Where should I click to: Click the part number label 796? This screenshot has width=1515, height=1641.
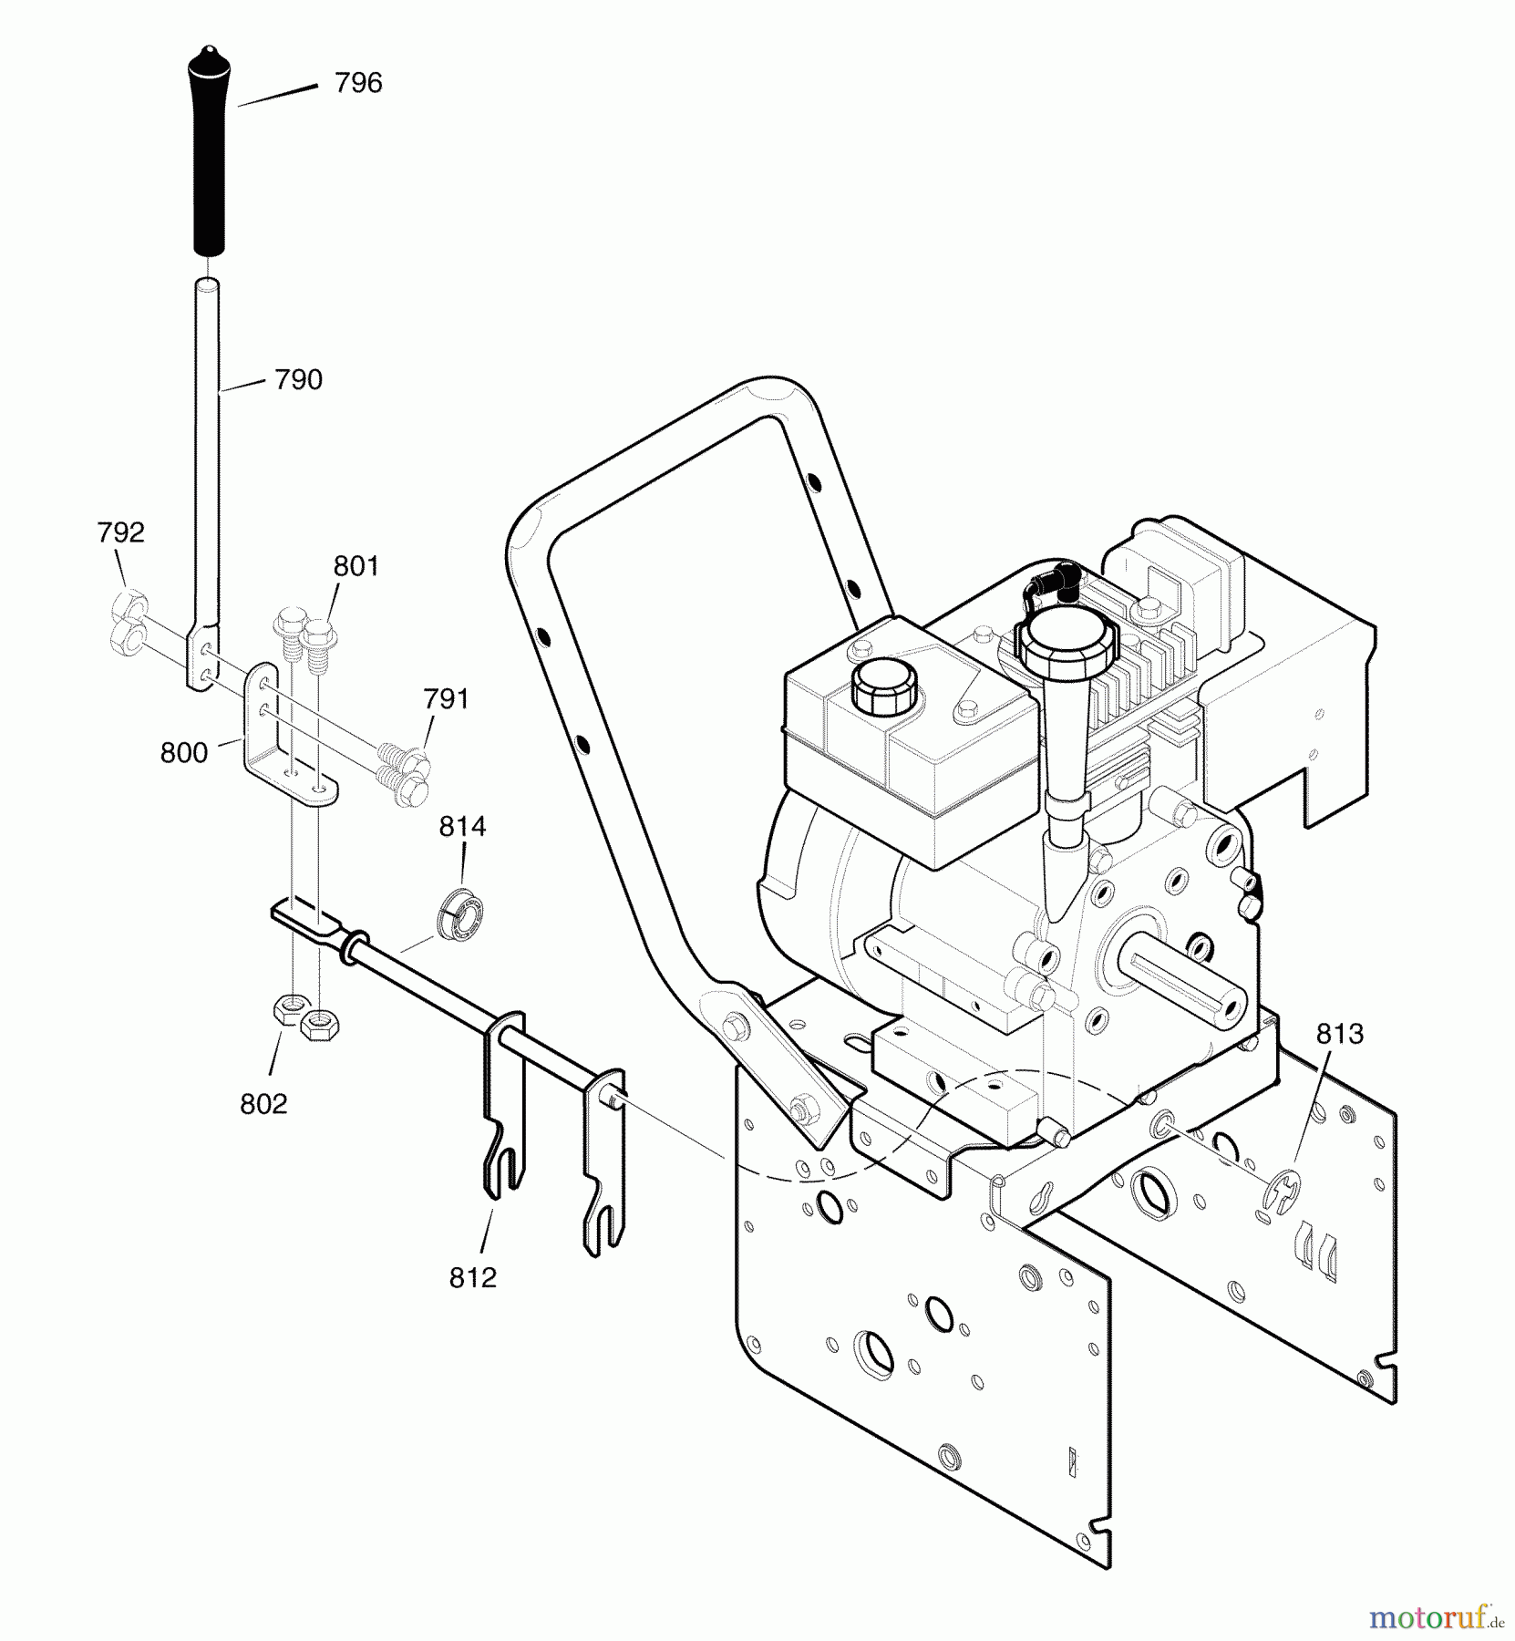point(358,83)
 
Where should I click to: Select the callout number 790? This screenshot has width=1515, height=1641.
point(298,380)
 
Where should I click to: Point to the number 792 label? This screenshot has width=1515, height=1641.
point(120,532)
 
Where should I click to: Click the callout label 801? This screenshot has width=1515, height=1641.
point(356,566)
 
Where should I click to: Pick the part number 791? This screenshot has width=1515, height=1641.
point(445,699)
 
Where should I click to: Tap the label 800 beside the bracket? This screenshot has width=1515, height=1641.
point(183,753)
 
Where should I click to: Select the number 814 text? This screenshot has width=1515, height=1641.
point(462,827)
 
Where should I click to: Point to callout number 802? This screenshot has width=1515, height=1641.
point(263,1104)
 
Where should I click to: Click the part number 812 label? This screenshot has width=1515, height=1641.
point(473,1279)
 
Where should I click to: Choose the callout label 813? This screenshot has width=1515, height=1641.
point(1339,1034)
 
